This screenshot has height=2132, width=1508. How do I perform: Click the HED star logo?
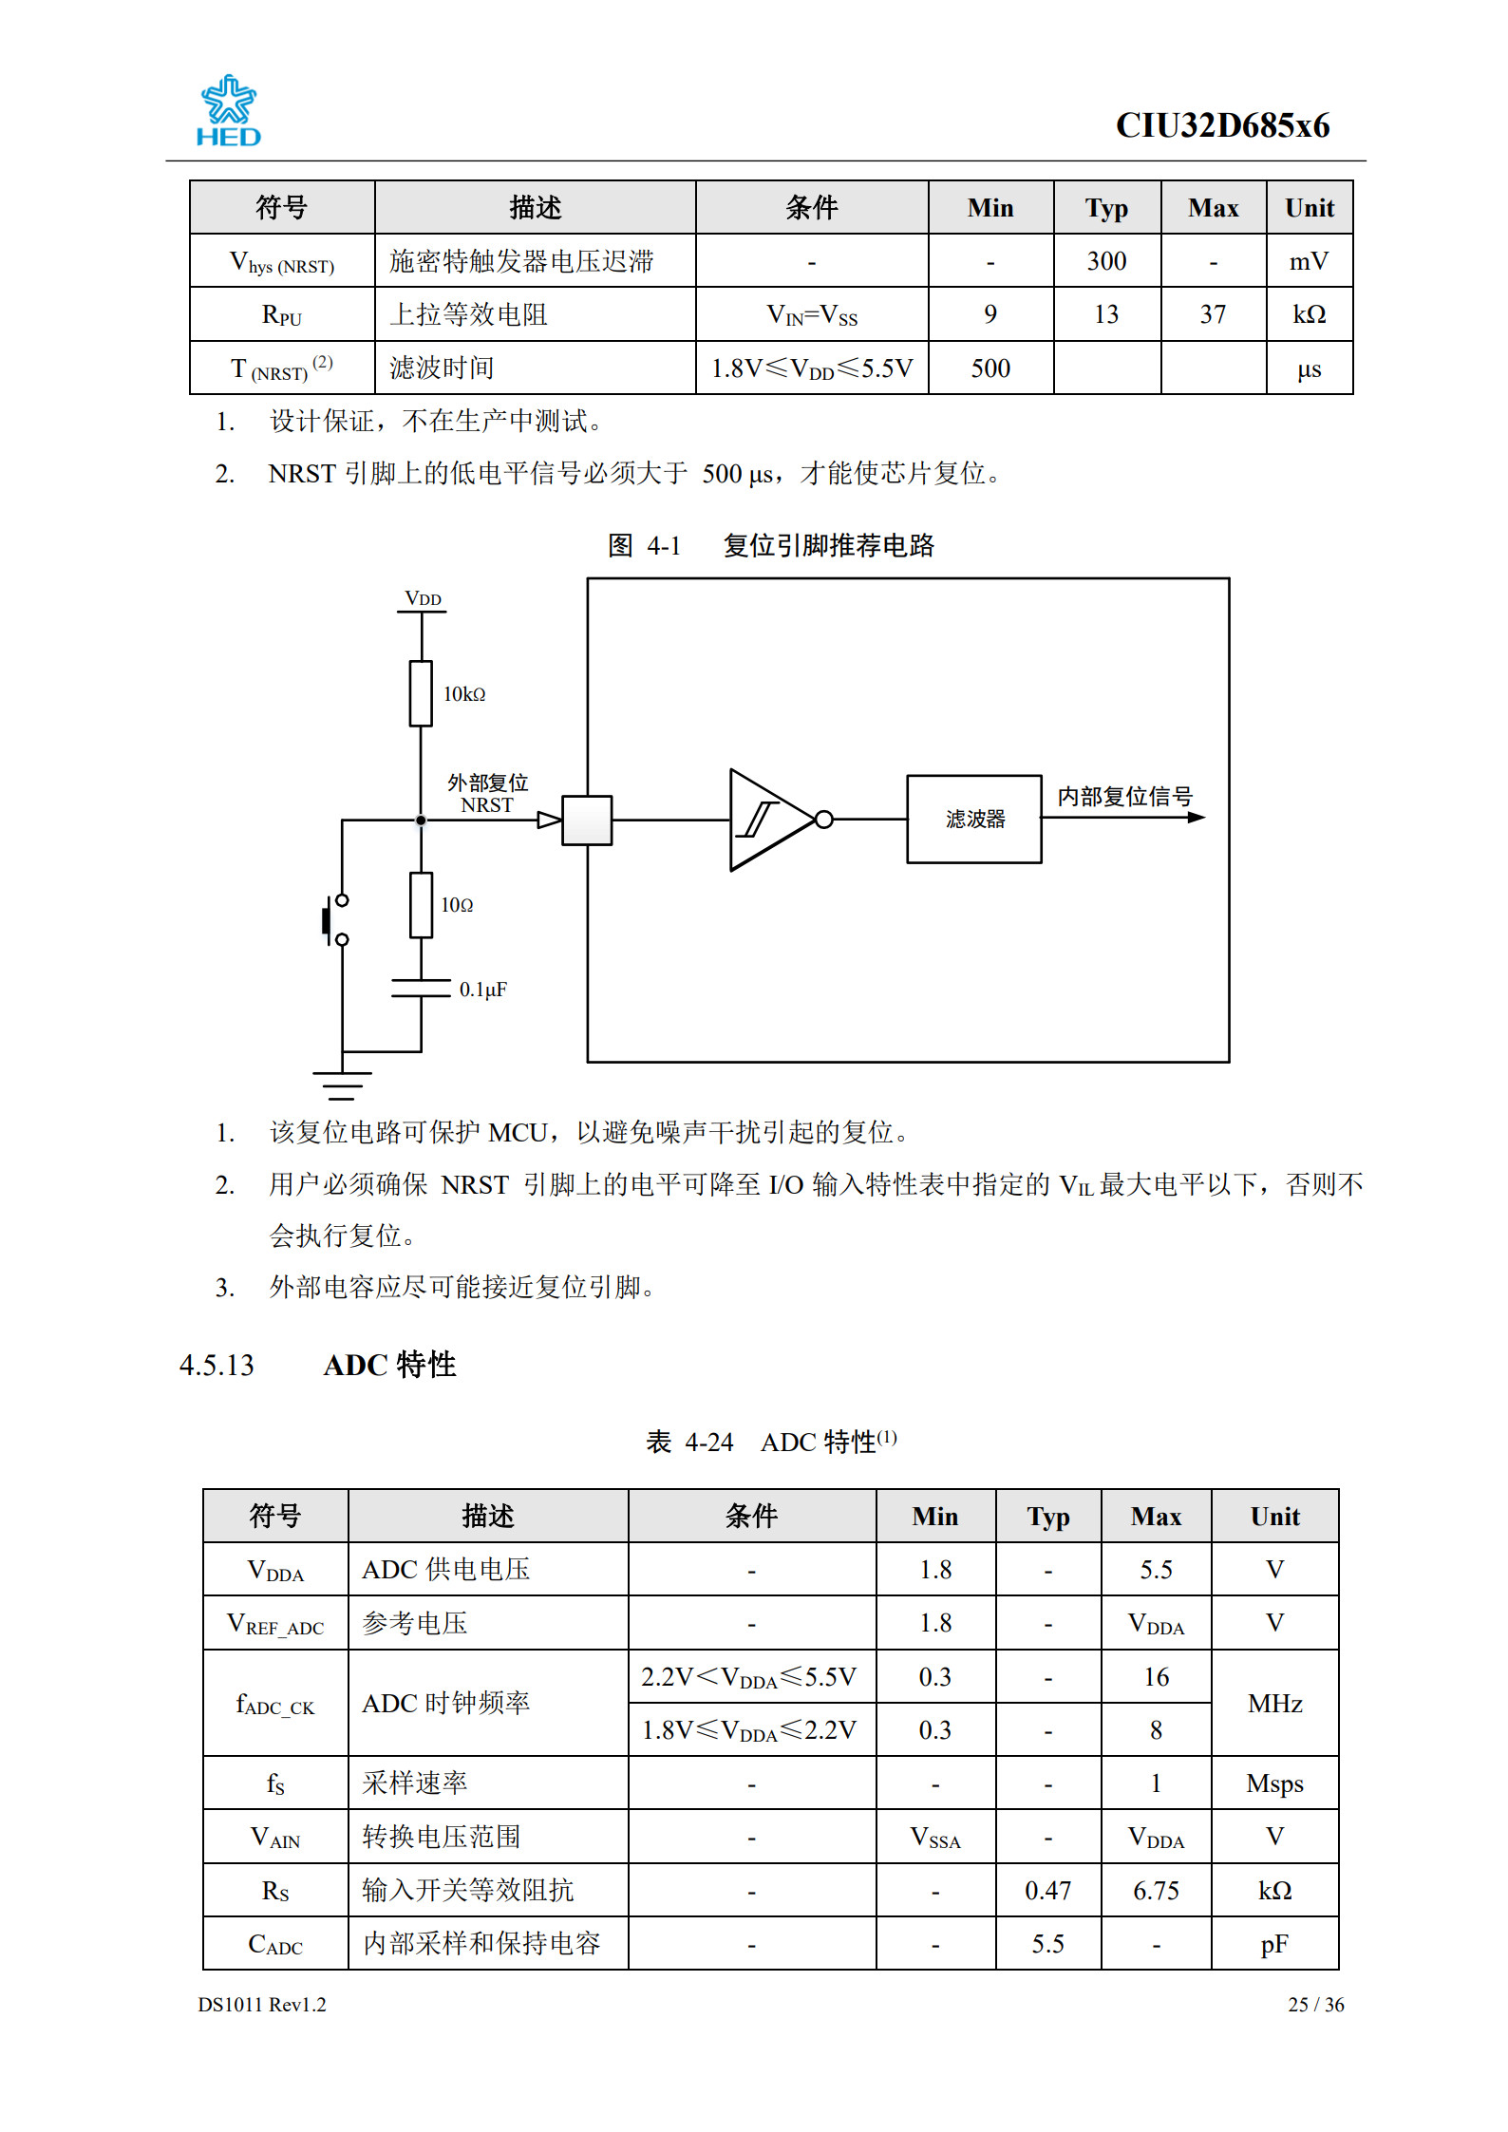[228, 110]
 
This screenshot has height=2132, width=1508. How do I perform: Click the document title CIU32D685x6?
[1222, 126]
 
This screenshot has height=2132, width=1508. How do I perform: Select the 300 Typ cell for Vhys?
[1106, 261]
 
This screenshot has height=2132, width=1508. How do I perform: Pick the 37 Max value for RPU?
[1213, 314]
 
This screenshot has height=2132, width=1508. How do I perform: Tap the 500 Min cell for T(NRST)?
[990, 368]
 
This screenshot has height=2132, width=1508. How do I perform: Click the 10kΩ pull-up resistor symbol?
[421, 693]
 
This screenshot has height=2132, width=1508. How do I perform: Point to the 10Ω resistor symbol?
[421, 904]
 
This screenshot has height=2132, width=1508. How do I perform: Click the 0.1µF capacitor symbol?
[421, 988]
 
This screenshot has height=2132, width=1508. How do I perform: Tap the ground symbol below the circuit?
[342, 1084]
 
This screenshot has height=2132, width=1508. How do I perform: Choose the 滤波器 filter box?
[973, 819]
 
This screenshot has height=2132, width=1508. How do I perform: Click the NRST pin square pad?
[587, 820]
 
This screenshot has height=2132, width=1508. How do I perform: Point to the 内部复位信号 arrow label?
[1124, 797]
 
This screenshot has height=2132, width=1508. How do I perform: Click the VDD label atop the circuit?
[423, 599]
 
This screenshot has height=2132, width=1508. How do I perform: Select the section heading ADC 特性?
[389, 1365]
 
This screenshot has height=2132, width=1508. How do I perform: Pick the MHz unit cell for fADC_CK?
[1274, 1703]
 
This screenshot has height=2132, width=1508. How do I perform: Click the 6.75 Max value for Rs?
[1156, 1890]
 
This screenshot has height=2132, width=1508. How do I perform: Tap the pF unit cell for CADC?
[1274, 1944]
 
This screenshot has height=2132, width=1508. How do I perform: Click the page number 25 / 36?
[1315, 2004]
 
